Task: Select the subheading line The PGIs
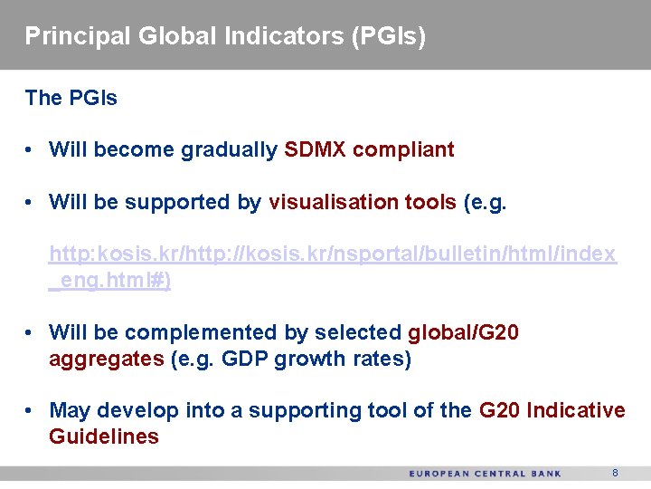click(71, 98)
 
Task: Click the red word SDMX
click(315, 149)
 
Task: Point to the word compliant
click(403, 149)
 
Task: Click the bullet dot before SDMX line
click(31, 150)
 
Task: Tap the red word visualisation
click(330, 202)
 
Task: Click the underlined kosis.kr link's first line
click(332, 254)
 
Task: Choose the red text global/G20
click(463, 332)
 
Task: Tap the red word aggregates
click(106, 359)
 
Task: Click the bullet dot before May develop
click(31, 411)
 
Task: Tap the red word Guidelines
click(103, 436)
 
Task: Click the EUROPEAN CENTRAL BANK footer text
click(485, 474)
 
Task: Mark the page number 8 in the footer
click(615, 473)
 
